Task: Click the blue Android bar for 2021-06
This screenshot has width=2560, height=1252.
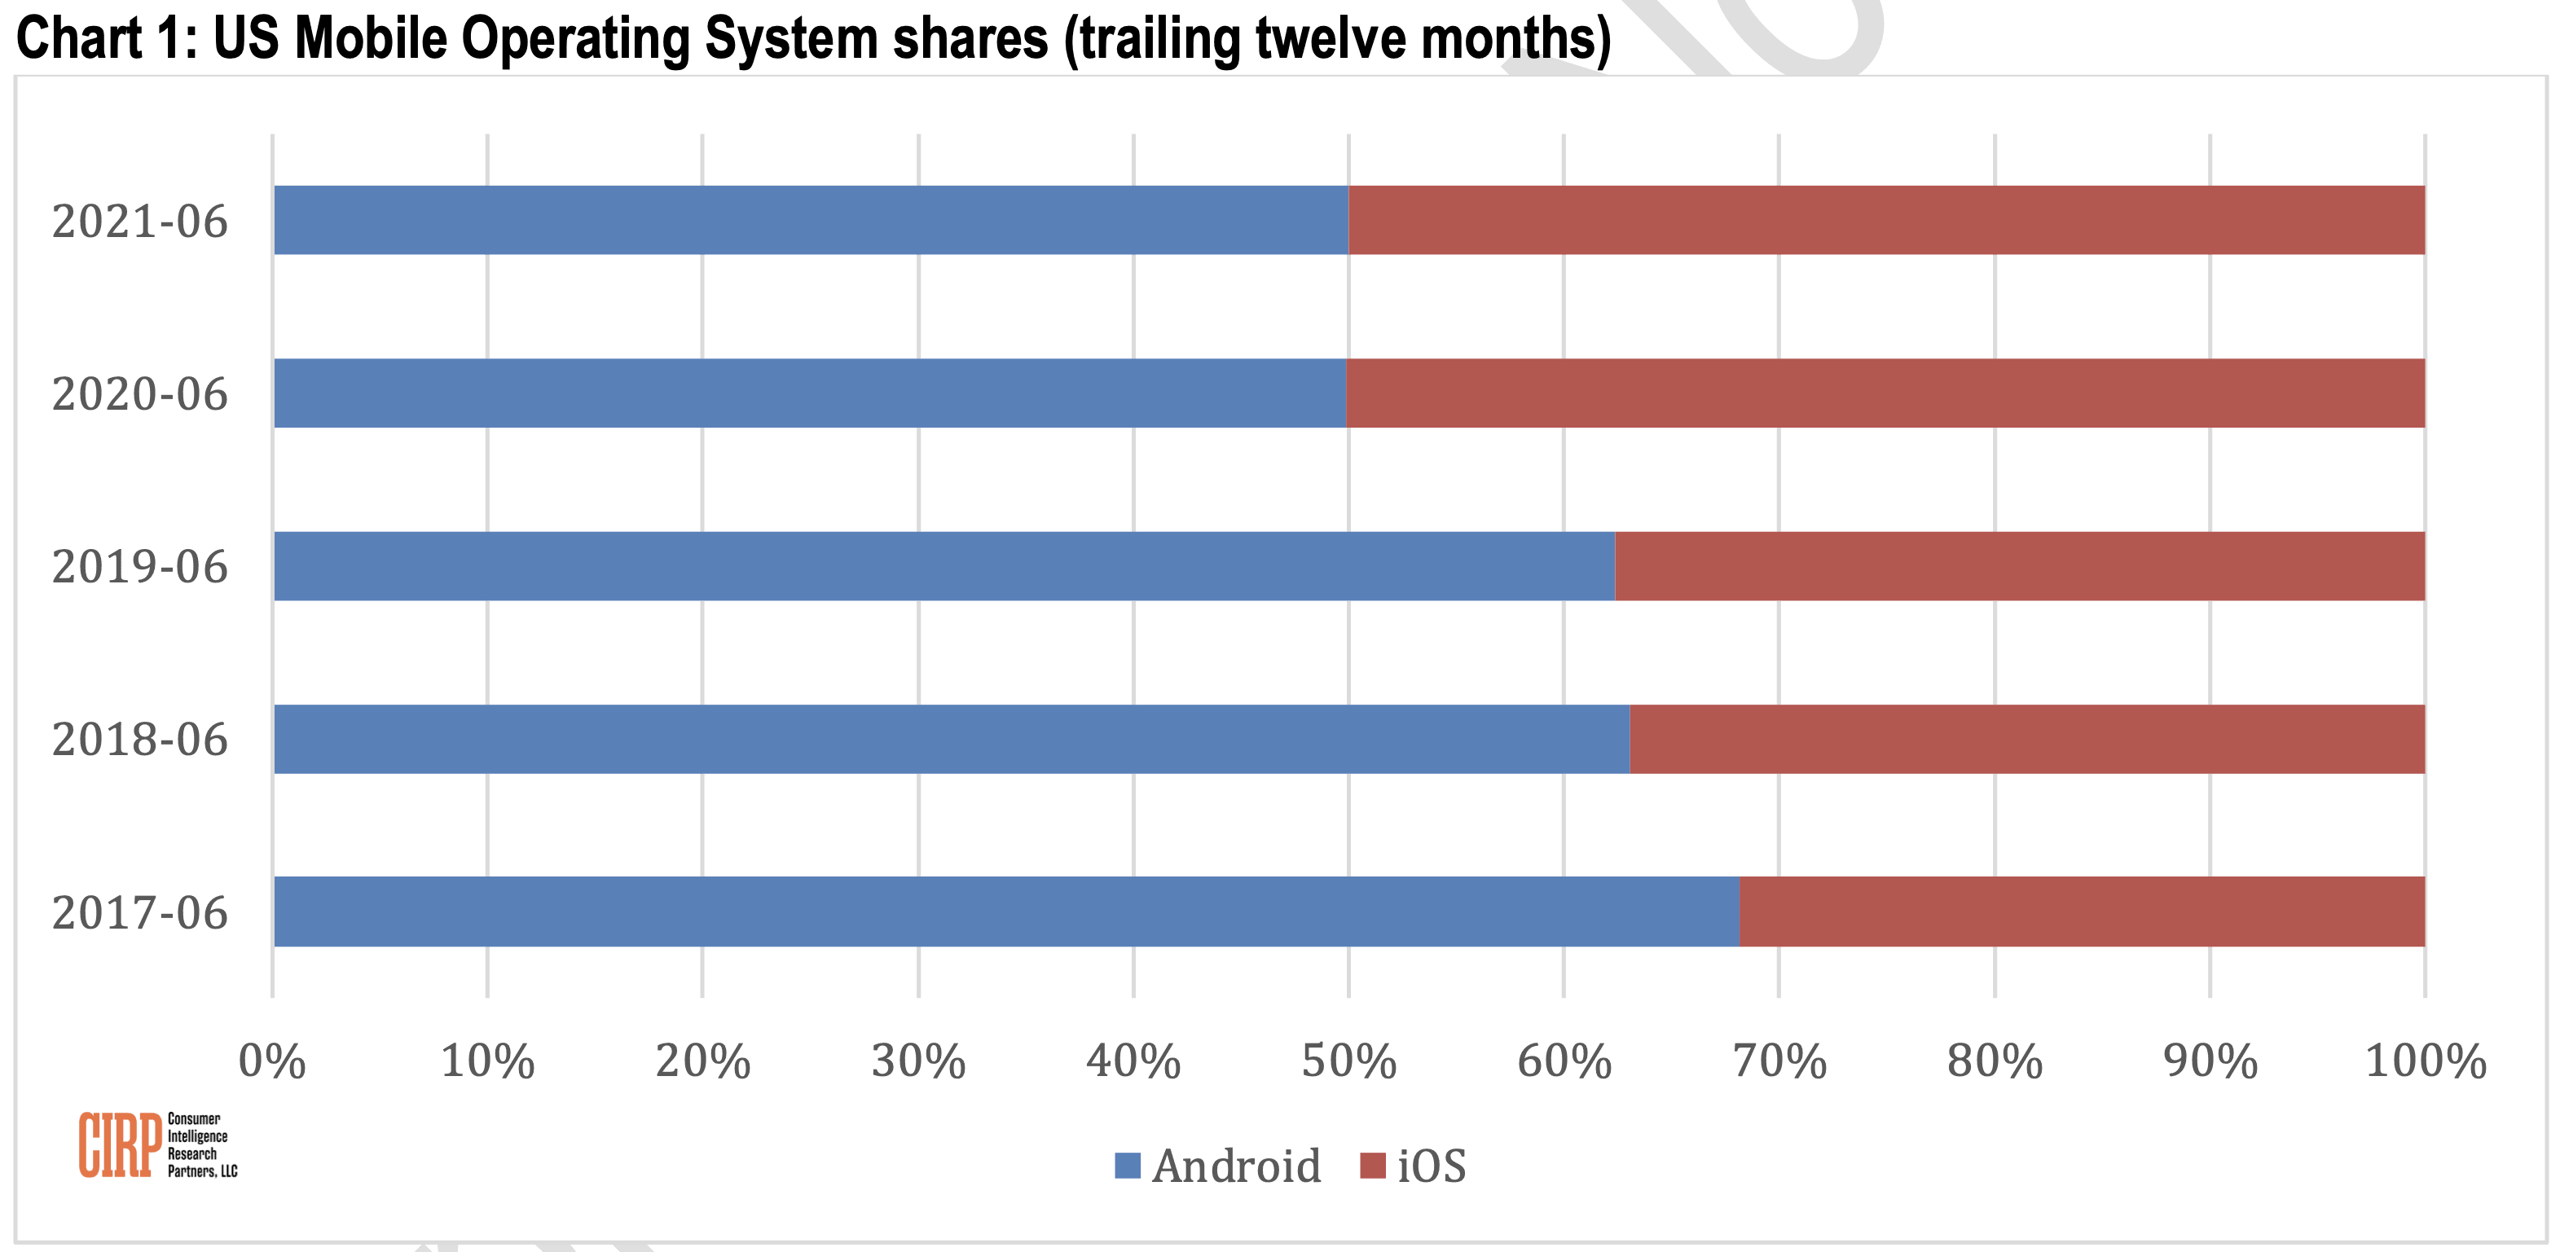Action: tap(811, 220)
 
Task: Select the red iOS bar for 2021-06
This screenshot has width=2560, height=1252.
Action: tap(1886, 220)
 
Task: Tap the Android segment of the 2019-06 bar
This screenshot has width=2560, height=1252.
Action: tap(944, 565)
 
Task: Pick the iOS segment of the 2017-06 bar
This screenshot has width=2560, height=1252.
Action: tap(2082, 912)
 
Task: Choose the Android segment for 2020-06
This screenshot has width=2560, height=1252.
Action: tap(810, 393)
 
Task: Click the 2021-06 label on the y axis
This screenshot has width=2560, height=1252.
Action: tap(140, 222)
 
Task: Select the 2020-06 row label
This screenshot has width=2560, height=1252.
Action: tap(140, 394)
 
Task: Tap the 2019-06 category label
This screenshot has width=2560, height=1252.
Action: tap(140, 568)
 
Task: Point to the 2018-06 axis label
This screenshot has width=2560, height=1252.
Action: tap(140, 740)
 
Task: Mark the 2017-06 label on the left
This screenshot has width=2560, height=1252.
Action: tap(140, 913)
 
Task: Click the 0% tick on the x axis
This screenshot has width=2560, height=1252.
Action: tap(271, 1061)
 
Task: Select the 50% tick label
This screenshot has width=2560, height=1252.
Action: tap(1348, 1061)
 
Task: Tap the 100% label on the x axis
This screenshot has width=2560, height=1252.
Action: tap(2425, 1061)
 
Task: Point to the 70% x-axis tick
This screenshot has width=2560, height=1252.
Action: tap(1779, 1061)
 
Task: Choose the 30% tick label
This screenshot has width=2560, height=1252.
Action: tap(918, 1061)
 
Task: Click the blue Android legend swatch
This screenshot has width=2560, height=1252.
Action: tap(1127, 1166)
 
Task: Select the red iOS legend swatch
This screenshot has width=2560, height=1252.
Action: tap(1372, 1166)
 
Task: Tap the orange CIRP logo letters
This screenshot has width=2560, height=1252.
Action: tap(119, 1144)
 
